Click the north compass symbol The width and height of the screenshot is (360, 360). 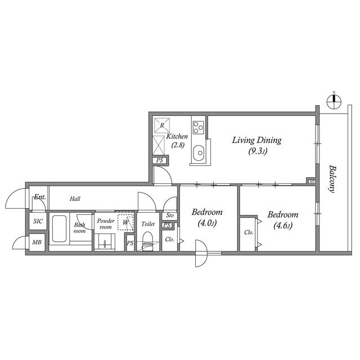coord(334,101)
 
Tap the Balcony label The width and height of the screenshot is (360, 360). coord(332,179)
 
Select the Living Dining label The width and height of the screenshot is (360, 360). coord(256,140)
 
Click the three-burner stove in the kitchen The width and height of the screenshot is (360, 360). coord(198,128)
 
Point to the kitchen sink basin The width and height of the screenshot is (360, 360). coord(199,154)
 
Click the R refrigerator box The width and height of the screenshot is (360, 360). coord(162,125)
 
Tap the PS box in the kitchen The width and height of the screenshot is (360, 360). coord(160,160)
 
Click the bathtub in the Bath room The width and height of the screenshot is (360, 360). coord(59,229)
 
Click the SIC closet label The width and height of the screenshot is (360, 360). coord(38,221)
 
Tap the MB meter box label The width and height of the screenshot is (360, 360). coord(37,242)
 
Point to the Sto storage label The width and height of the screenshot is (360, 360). coord(170,215)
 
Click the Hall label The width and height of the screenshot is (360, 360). coord(75,199)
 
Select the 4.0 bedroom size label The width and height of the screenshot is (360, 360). coord(207,223)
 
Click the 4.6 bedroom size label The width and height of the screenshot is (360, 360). coord(283,226)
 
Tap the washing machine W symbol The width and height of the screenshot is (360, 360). coord(125,222)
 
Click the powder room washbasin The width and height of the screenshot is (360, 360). coord(105,242)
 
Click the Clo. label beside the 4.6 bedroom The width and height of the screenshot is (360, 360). coord(249,232)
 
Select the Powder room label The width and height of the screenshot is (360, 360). coord(106,224)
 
